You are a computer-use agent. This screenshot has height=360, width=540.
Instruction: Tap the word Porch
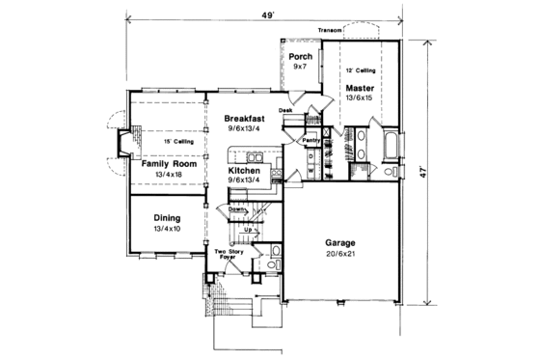(x=299, y=56)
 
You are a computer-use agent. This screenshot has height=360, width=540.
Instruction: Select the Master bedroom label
(x=360, y=87)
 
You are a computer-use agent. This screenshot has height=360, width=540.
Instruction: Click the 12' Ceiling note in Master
(x=360, y=71)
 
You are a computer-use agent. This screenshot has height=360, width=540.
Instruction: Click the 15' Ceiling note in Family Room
(x=177, y=142)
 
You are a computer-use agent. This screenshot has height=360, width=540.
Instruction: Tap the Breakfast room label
(x=245, y=118)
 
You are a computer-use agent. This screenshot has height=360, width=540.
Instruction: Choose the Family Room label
(x=169, y=164)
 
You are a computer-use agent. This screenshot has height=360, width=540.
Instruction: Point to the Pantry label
(x=311, y=141)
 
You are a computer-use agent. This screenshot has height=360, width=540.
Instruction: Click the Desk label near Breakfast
(x=285, y=110)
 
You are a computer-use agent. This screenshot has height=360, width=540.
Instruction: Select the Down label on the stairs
(x=237, y=207)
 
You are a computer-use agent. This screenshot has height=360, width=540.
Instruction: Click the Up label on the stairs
(x=248, y=230)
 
